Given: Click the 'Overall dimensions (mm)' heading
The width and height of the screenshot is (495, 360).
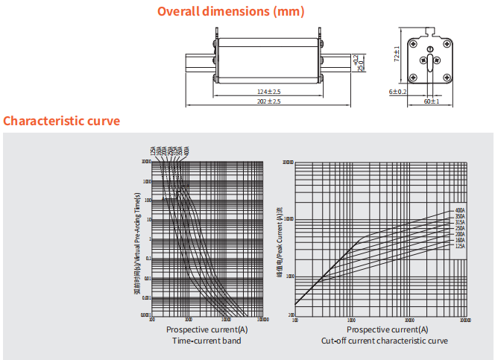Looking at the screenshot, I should pyautogui.click(x=230, y=12).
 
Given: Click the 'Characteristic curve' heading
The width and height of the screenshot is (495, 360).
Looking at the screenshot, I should pyautogui.click(x=61, y=121).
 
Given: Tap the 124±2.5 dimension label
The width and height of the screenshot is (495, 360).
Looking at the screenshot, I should pyautogui.click(x=268, y=91).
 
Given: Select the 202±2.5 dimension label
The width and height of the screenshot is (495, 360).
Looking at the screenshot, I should pyautogui.click(x=268, y=101).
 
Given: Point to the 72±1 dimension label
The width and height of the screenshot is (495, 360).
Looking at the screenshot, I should pyautogui.click(x=397, y=54).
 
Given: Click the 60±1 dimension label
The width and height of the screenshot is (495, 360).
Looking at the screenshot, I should pyautogui.click(x=432, y=101).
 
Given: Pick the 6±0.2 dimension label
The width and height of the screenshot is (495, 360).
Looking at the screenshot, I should pyautogui.click(x=397, y=91).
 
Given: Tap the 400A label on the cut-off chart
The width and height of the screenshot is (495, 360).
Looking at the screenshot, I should pyautogui.click(x=460, y=210).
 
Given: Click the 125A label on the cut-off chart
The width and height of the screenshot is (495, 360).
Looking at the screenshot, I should pyautogui.click(x=460, y=246).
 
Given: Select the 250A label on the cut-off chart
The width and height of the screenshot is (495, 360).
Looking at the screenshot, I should pyautogui.click(x=460, y=228).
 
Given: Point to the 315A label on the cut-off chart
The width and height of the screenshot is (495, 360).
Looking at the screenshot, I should pyautogui.click(x=460, y=222).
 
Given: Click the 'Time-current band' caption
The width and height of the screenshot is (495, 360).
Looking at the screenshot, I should pyautogui.click(x=206, y=341).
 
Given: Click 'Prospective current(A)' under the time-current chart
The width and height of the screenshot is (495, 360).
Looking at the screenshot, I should pyautogui.click(x=206, y=329).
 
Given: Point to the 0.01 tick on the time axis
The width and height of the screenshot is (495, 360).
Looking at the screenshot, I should pyautogui.click(x=147, y=278).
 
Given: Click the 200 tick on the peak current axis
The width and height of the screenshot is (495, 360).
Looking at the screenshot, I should pyautogui.click(x=290, y=316).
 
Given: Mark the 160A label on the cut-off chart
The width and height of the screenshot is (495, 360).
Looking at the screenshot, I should pyautogui.click(x=460, y=240).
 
